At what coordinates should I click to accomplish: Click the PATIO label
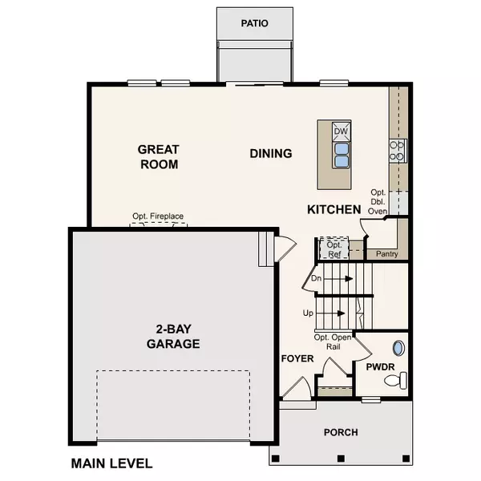coord(255,23)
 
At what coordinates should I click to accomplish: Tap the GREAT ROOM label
coord(158,156)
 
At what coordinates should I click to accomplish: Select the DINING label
coord(270,153)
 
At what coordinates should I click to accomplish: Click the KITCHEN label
coord(334,209)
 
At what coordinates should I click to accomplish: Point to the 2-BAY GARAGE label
coord(173,336)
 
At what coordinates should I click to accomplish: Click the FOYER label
coord(296,358)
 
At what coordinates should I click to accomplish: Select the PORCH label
coord(341,432)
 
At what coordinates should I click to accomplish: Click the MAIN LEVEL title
coord(111,463)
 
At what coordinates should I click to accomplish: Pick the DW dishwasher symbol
coord(341,131)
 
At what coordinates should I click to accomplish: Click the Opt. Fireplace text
coord(159,216)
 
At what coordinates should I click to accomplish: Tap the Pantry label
coord(386,254)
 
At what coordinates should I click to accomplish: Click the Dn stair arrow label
coord(317,279)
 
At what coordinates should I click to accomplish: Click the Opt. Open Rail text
coord(333,342)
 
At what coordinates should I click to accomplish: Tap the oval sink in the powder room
coord(398,349)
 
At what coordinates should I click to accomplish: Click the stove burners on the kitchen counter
coord(398,151)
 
